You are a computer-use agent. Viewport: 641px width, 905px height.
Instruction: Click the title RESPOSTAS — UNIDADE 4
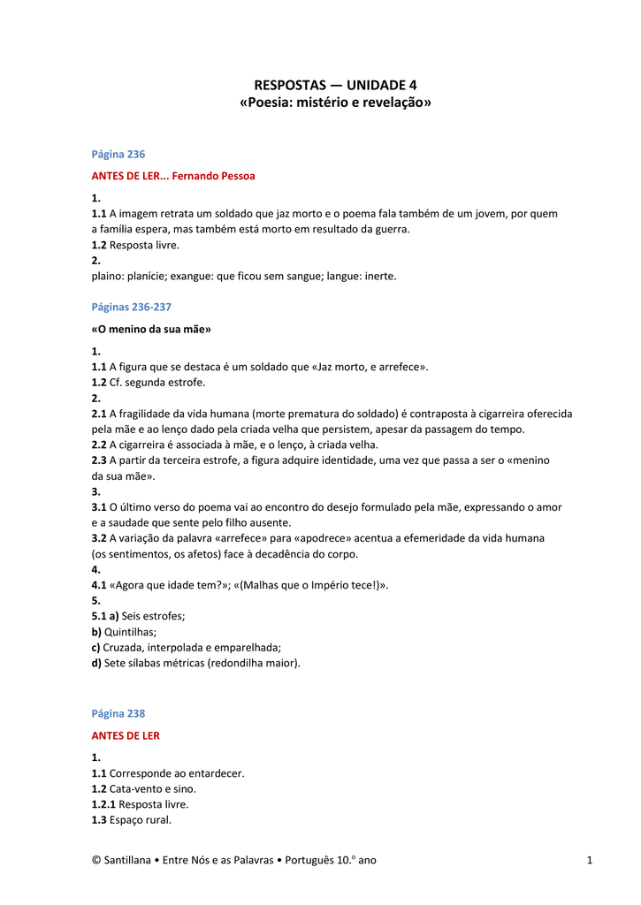pyautogui.click(x=335, y=85)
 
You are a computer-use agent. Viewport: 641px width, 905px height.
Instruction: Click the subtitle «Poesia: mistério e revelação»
pyautogui.click(x=335, y=103)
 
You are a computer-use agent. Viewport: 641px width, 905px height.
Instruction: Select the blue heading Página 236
pyautogui.click(x=118, y=154)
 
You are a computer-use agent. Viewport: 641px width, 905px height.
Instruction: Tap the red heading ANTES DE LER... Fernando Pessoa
pyautogui.click(x=173, y=176)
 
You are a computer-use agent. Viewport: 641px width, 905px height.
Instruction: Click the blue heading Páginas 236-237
pyautogui.click(x=131, y=307)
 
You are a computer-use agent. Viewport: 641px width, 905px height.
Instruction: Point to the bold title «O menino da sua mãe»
pyautogui.click(x=151, y=329)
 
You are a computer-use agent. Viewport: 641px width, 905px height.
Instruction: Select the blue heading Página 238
pyautogui.click(x=118, y=713)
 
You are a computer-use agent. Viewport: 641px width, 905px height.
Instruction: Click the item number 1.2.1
pyautogui.click(x=103, y=804)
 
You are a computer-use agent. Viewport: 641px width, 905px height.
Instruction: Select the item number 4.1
pyautogui.click(x=98, y=585)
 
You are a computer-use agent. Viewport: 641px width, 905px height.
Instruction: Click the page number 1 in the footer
pyautogui.click(x=588, y=860)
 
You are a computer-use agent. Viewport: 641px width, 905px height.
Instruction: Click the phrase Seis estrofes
pyautogui.click(x=153, y=616)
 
